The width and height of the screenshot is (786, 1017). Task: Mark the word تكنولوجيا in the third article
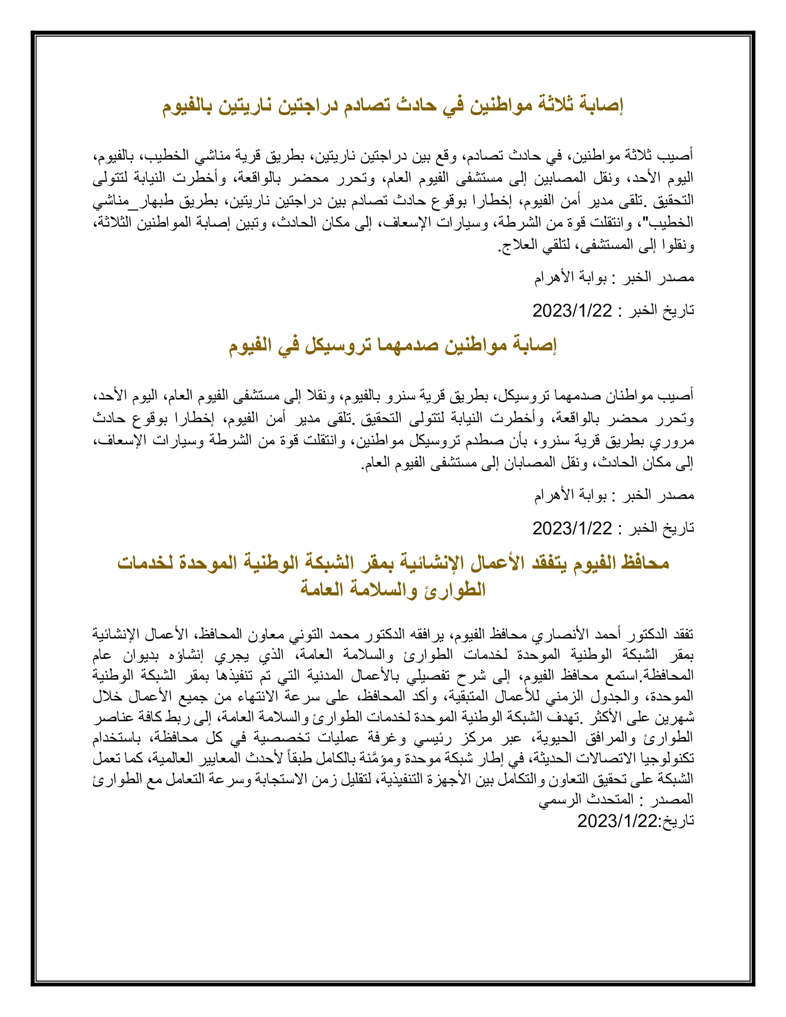pos(667,759)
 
